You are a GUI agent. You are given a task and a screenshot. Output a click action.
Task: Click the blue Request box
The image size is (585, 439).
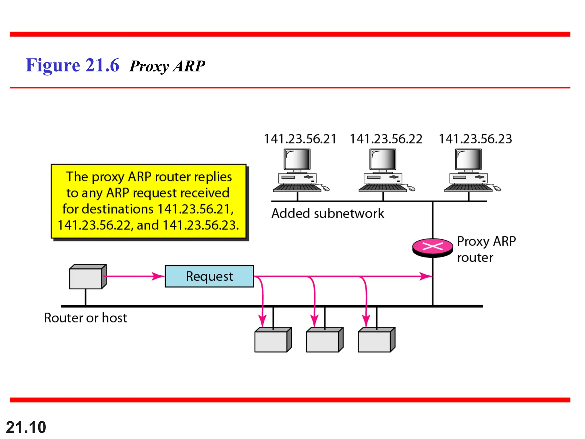click(x=209, y=276)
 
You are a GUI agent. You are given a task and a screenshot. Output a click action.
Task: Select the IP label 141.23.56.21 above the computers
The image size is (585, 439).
click(x=300, y=139)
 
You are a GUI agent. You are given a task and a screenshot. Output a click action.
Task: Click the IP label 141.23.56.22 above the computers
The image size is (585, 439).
click(x=386, y=139)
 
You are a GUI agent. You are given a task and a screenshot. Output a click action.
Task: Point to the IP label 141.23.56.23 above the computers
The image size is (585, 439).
click(x=475, y=139)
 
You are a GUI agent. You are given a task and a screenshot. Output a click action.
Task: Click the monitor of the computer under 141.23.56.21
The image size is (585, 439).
click(x=297, y=159)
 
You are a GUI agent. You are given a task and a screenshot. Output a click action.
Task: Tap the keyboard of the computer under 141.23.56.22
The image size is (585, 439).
click(x=382, y=188)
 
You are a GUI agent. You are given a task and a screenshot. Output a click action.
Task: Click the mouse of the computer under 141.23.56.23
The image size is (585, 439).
click(x=497, y=189)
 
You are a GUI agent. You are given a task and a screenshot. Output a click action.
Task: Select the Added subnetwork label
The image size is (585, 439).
click(x=328, y=213)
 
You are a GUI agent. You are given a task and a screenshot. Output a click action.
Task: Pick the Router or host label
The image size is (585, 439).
click(x=85, y=318)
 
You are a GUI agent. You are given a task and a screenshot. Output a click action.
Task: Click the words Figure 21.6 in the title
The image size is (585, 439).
click(x=72, y=65)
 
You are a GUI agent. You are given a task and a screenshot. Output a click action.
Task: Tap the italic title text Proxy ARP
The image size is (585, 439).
click(x=167, y=66)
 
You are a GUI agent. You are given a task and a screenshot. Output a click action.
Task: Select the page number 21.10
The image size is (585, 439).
click(x=26, y=427)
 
